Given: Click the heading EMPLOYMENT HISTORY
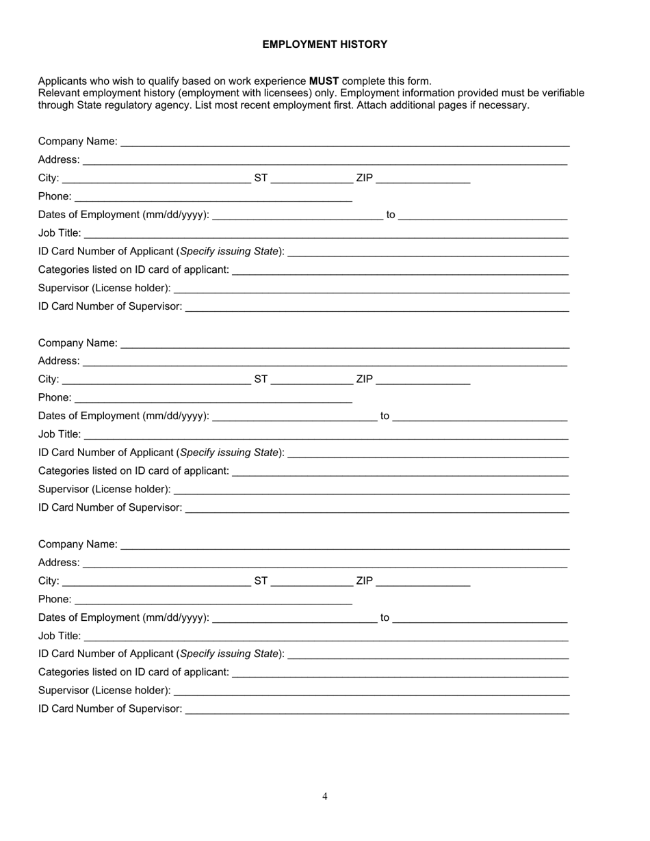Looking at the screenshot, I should click(324, 44).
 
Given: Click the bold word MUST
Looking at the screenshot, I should click(324, 81).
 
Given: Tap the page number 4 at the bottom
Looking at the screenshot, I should click(325, 796).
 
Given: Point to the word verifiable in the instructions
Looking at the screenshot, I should click(558, 93).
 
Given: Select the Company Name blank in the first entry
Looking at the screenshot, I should click(345, 142).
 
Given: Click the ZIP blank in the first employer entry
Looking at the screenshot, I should click(423, 179).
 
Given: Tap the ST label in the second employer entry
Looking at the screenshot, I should click(261, 379).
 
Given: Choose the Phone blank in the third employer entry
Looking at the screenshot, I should click(213, 600).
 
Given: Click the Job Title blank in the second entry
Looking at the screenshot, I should click(326, 435).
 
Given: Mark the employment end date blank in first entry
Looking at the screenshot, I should click(482, 215).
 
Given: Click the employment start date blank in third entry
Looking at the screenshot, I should click(295, 618).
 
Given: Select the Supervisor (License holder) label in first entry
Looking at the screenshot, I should click(104, 288).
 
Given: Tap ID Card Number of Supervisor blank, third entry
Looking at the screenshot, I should click(377, 710).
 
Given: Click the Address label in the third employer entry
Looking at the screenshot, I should click(59, 563).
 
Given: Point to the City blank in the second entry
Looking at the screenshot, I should click(156, 380).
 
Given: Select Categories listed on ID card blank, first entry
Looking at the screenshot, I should click(400, 271).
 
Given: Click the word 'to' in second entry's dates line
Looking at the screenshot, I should click(385, 416).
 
